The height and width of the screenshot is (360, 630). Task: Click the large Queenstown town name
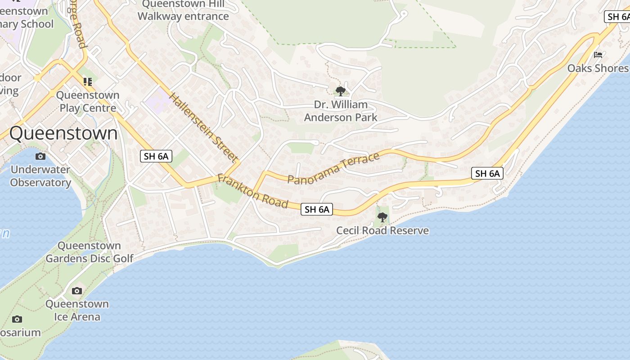[x=63, y=133]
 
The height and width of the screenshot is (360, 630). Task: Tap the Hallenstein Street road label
[x=203, y=127]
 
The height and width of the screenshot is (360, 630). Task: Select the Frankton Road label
[x=252, y=191]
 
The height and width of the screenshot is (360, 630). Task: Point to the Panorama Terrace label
[x=333, y=169]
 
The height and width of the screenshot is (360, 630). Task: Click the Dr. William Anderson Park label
[x=341, y=111]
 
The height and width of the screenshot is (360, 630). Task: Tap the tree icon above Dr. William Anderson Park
[x=341, y=91]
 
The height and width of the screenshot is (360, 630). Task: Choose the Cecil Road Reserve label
[x=382, y=231]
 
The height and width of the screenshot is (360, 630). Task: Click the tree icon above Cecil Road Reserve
[x=382, y=217]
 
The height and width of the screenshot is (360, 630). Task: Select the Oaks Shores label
[x=598, y=68]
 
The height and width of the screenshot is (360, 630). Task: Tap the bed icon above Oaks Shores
[x=598, y=55]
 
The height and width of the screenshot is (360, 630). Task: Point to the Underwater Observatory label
[x=40, y=176]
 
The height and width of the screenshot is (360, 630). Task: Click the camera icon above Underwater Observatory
[x=40, y=157]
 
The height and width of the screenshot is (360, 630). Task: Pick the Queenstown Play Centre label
[x=88, y=102]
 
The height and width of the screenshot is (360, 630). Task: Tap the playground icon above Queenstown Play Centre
[x=88, y=82]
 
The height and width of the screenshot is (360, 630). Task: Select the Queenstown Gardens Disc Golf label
[x=90, y=252]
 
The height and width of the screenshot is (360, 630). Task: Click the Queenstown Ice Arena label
[x=77, y=310]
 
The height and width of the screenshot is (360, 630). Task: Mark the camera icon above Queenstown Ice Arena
[x=77, y=291]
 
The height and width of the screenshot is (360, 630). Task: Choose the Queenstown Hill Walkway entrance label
[x=183, y=10]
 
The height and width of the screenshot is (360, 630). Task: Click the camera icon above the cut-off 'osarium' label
[x=17, y=319]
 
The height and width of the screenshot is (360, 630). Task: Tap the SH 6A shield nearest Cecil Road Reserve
[x=317, y=209]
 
